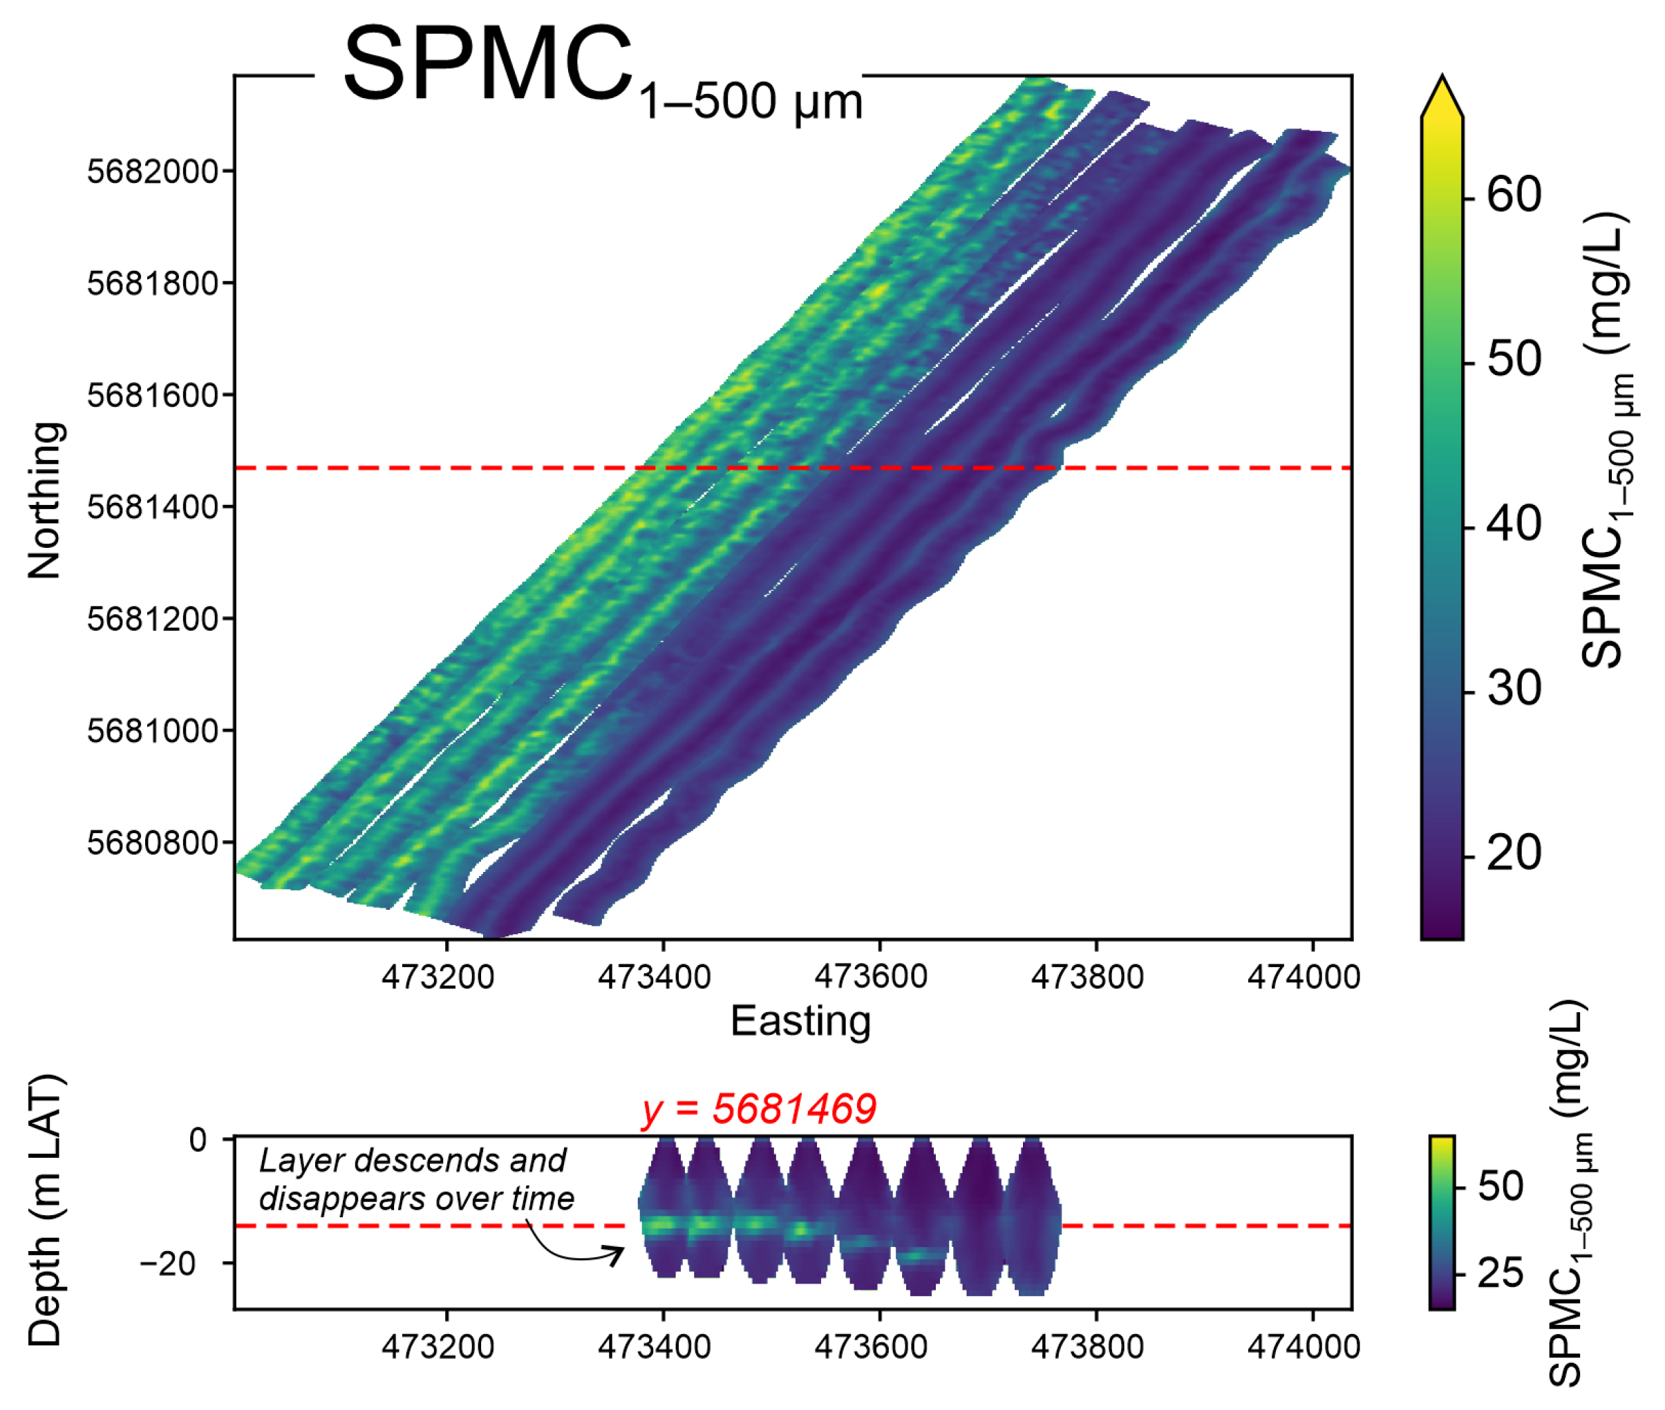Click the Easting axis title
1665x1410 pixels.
pos(800,1022)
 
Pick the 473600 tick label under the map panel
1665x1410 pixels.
pos(870,977)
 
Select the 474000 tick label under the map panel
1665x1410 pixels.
pos(1303,977)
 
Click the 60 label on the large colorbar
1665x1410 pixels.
pos(1513,194)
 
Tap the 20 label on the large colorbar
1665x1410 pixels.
pos(1513,853)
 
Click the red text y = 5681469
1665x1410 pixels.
pos(758,1109)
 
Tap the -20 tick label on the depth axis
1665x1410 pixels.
pos(168,1264)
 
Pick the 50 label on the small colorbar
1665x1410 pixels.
pos(1501,1186)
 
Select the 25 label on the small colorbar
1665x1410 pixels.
pos(1501,1273)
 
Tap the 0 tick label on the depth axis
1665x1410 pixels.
pos(198,1140)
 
